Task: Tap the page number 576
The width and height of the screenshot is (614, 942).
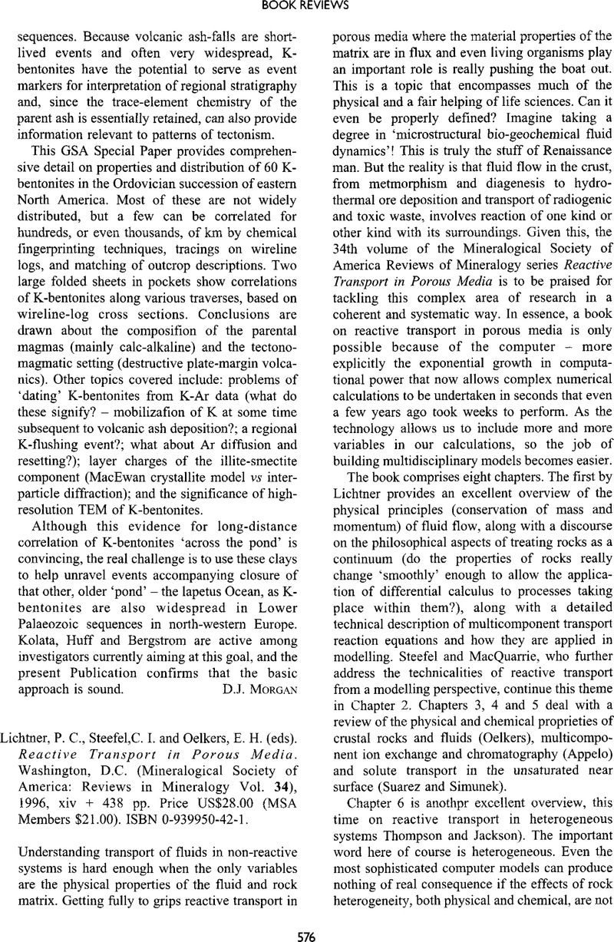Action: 306,930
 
